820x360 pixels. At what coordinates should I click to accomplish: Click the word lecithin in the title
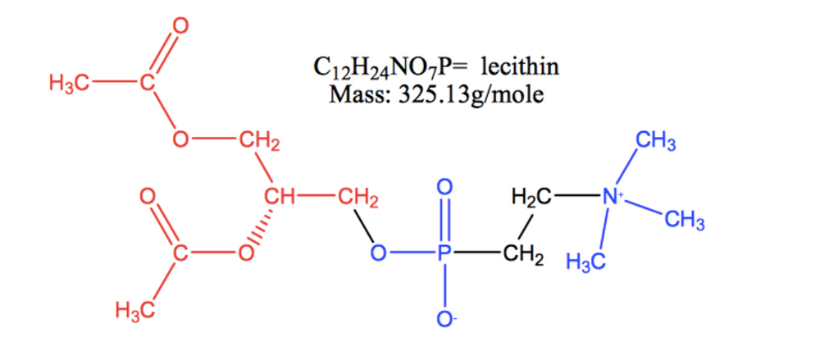click(519, 67)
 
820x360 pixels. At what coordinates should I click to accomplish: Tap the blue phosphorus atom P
click(444, 254)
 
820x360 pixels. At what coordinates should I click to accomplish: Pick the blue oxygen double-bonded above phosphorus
click(444, 187)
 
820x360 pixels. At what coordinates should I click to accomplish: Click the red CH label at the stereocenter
click(280, 197)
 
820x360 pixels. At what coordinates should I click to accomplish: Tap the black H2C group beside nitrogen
click(531, 198)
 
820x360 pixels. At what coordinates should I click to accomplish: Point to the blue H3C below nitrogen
click(585, 261)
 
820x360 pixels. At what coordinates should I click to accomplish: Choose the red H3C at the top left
click(69, 83)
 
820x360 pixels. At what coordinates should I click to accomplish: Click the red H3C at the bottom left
click(135, 311)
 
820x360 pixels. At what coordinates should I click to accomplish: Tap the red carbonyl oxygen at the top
click(180, 26)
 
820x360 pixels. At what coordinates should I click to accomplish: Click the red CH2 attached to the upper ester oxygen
click(259, 141)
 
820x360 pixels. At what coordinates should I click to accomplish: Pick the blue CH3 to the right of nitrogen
click(684, 221)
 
